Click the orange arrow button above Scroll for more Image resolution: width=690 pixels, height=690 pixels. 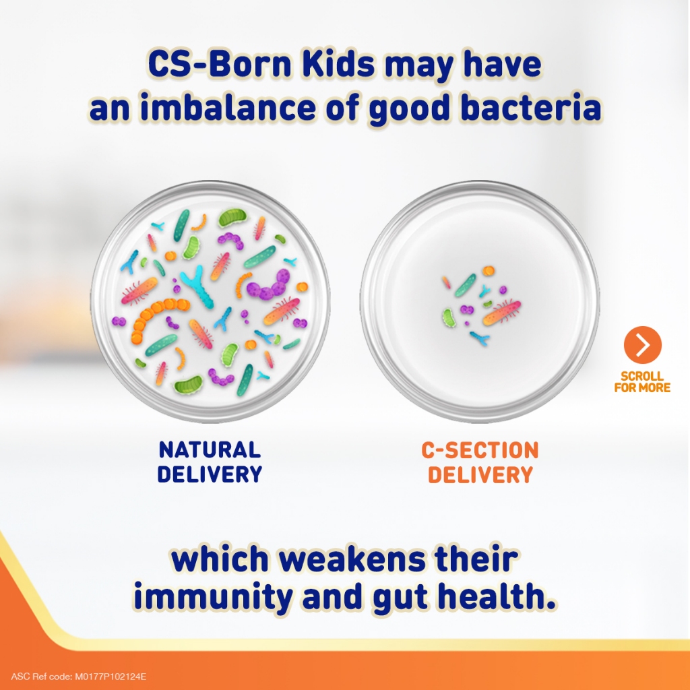[x=642, y=344]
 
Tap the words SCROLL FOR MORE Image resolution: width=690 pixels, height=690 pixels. [x=642, y=382]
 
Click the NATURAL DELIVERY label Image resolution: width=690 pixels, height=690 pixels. [x=210, y=462]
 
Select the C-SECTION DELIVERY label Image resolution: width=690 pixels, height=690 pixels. [x=480, y=462]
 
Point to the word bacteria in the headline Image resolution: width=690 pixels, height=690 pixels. [x=530, y=107]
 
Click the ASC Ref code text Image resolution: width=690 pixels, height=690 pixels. [x=78, y=677]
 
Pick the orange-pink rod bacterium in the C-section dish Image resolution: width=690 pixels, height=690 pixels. [x=501, y=313]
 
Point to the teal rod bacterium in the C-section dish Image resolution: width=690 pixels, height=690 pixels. [x=466, y=285]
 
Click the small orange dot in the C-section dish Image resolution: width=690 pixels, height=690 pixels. [x=489, y=271]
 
